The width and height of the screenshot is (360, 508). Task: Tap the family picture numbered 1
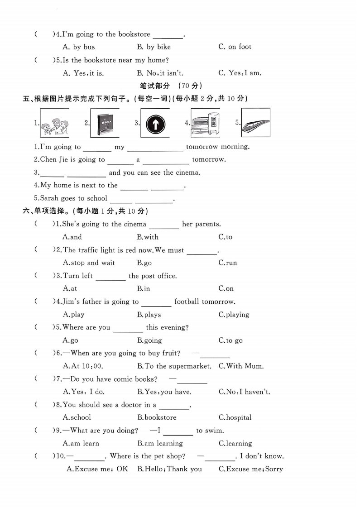54,123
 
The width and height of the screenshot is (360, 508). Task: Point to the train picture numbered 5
255,123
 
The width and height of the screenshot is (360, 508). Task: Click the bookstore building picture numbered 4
205,123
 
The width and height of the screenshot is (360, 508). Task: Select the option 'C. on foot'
235,47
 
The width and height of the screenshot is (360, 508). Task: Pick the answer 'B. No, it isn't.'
160,73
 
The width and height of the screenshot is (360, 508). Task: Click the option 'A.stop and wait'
89,263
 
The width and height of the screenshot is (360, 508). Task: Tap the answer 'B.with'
148,237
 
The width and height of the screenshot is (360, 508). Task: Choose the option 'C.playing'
234,315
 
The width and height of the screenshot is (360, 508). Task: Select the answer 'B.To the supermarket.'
174,366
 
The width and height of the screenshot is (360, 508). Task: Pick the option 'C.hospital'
235,417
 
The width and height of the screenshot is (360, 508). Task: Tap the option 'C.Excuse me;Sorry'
250,469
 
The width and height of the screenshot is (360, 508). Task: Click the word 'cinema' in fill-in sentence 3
188,173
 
